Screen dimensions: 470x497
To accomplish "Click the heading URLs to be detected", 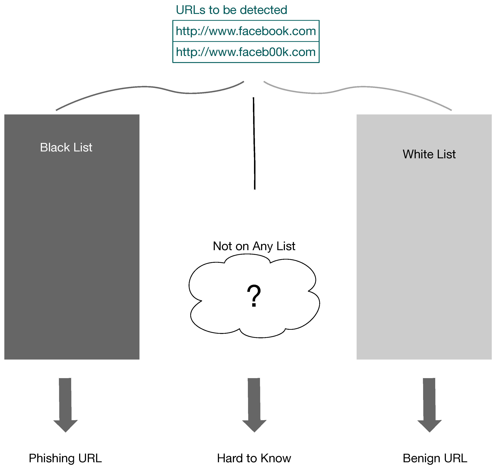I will pyautogui.click(x=231, y=10).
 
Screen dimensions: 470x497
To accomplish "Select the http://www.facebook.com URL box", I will pyautogui.click(x=246, y=31).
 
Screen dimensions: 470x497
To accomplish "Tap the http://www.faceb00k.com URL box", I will pyautogui.click(x=246, y=52).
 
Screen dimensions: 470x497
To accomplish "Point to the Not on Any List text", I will pyautogui.click(x=254, y=246).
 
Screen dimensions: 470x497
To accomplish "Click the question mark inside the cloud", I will pyautogui.click(x=254, y=296).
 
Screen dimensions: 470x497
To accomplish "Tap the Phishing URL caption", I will pyautogui.click(x=65, y=458).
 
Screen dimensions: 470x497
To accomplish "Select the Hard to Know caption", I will pyautogui.click(x=254, y=458).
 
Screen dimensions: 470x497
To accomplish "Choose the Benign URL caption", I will pyautogui.click(x=435, y=458).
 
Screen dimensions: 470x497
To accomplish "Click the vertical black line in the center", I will pyautogui.click(x=254, y=143).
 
